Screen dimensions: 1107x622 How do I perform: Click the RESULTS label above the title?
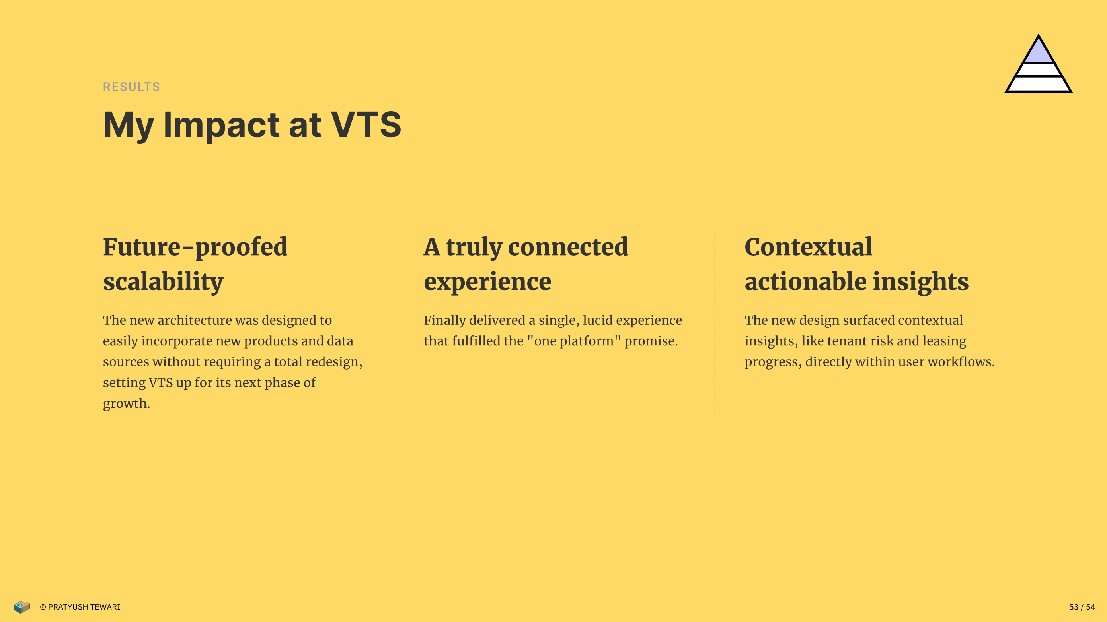(131, 87)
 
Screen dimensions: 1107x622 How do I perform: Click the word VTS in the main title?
(366, 124)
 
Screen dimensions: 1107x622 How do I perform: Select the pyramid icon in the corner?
(1038, 63)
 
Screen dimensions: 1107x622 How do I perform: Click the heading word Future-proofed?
(195, 247)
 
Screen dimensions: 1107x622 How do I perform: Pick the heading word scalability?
(163, 282)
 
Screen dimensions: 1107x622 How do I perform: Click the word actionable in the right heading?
(805, 282)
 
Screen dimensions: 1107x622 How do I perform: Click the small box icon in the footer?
(21, 607)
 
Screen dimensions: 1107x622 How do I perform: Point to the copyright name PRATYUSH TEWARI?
(84, 607)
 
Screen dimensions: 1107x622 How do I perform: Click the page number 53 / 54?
(1082, 607)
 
